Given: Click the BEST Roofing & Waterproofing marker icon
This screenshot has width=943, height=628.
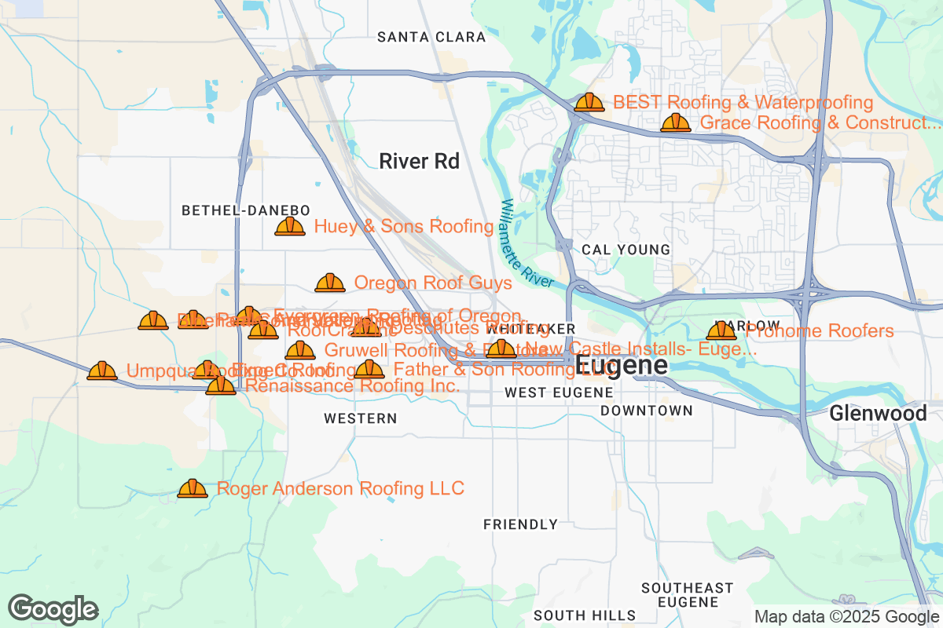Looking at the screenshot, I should [589, 102].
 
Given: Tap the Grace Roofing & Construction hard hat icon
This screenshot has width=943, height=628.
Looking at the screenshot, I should [676, 122].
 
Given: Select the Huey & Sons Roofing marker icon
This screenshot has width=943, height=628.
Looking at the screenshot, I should [290, 226].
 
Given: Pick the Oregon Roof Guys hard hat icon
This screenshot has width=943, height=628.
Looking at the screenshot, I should [330, 283].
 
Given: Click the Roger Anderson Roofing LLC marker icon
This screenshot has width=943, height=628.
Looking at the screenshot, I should [193, 488].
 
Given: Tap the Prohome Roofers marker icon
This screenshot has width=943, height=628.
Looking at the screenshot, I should [721, 330].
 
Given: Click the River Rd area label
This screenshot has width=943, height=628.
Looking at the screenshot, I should [419, 162].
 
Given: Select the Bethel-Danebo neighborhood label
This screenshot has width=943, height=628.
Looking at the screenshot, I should [246, 210].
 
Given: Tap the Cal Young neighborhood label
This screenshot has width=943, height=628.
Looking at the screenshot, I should [626, 250].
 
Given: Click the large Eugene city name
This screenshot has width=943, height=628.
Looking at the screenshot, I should [622, 365].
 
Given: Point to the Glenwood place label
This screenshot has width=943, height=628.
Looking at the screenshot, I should [878, 413].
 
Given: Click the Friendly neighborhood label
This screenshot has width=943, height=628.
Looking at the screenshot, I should [520, 524].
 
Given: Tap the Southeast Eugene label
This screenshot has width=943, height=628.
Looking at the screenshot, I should [687, 595].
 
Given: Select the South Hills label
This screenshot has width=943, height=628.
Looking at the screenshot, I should [585, 615].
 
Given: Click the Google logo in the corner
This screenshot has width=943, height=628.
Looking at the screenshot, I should [53, 608].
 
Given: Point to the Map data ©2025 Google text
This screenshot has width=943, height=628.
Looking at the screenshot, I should [847, 616].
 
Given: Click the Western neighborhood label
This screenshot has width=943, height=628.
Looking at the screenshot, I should [361, 419].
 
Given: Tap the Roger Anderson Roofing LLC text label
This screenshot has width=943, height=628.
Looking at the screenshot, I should [340, 488].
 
